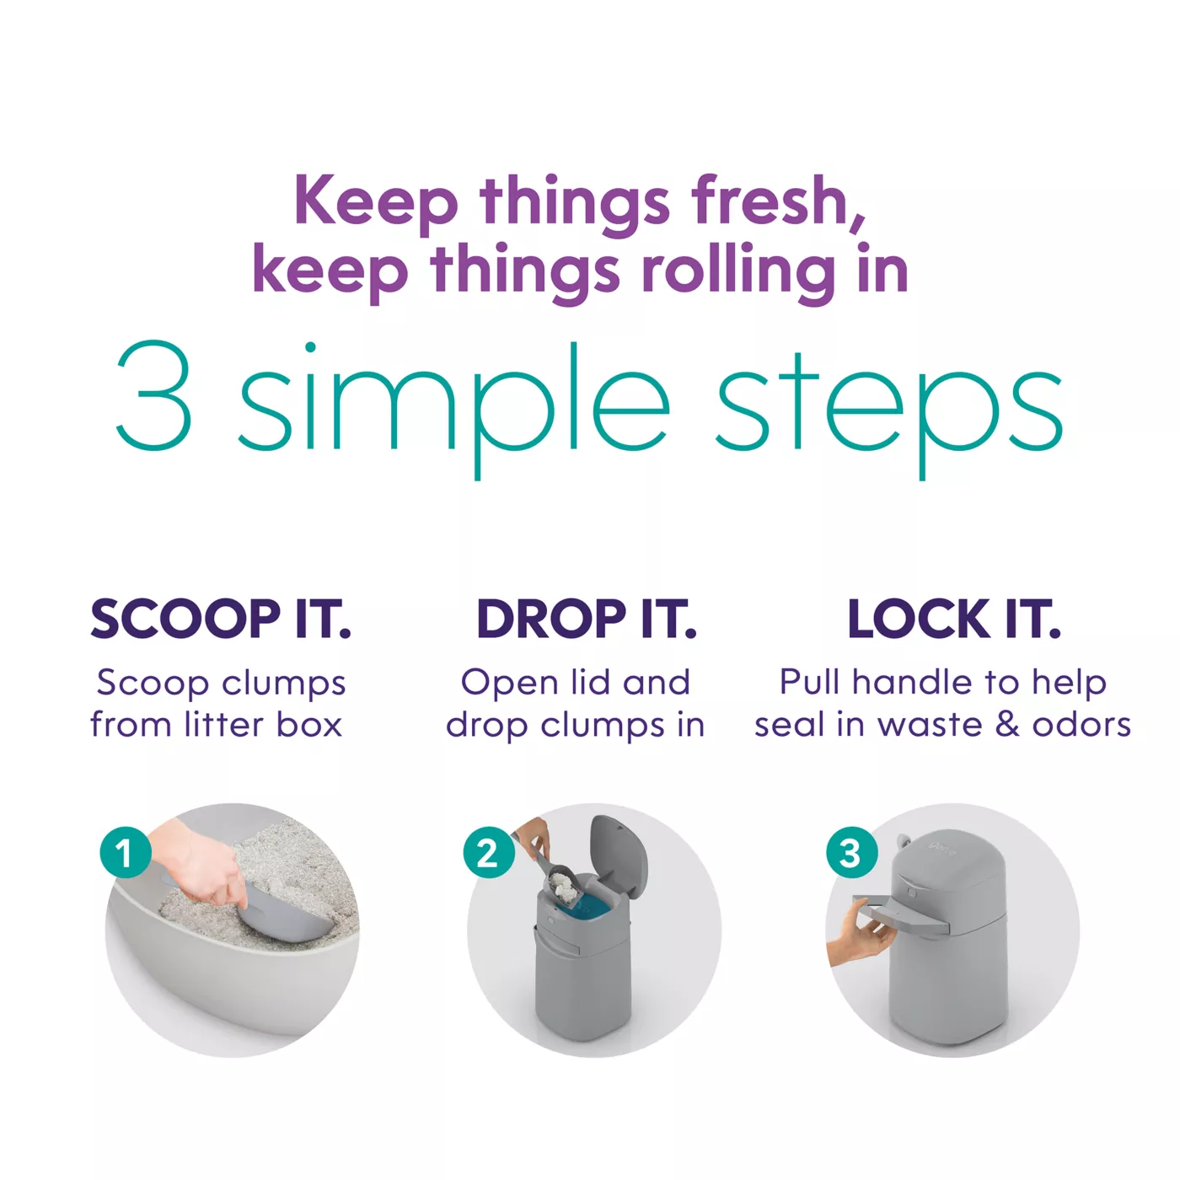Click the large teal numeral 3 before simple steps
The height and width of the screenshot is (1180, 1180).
tap(153, 395)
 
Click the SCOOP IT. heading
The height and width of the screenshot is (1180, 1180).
tap(221, 619)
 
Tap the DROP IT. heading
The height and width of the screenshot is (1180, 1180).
tap(587, 619)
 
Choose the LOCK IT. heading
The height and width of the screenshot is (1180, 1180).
tap(953, 619)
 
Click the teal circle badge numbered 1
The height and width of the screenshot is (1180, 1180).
tap(126, 853)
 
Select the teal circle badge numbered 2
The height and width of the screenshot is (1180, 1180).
tap(489, 853)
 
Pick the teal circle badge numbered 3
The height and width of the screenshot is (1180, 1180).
tap(852, 853)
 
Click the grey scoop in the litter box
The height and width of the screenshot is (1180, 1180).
tap(276, 915)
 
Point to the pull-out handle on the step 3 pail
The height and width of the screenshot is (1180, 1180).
tap(900, 913)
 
